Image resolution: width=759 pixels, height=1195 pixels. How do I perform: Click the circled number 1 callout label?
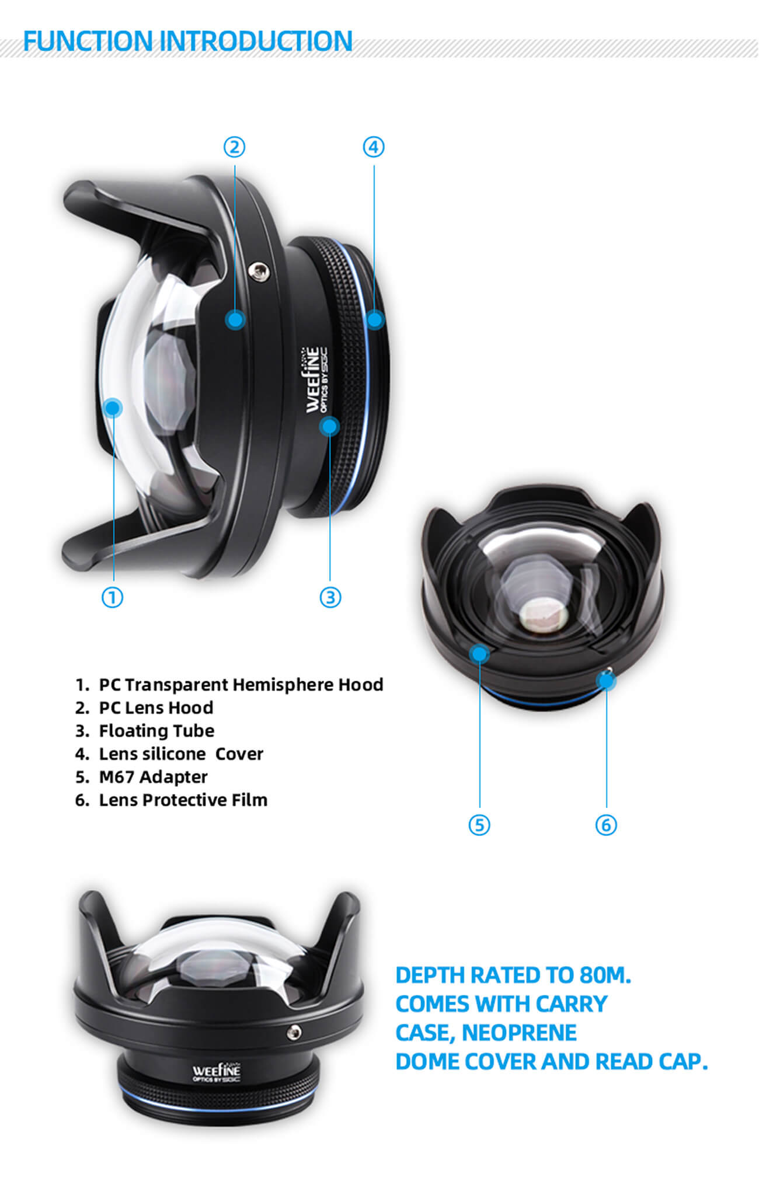(x=113, y=597)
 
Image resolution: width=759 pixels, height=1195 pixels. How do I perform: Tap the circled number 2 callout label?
(x=235, y=147)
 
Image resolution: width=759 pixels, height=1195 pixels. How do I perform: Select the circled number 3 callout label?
(x=330, y=597)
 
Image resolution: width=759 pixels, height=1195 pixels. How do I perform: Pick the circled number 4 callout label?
(x=374, y=147)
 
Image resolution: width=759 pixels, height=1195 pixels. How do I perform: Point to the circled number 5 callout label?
(x=479, y=825)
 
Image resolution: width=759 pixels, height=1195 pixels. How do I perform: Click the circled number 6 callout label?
(x=606, y=825)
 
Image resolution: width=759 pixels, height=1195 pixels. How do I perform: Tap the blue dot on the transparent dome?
(x=113, y=407)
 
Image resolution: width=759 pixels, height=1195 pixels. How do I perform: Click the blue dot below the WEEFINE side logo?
(x=330, y=426)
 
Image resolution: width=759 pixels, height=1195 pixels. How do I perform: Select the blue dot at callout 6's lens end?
(x=607, y=680)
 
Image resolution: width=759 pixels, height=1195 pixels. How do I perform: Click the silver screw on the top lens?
(x=258, y=271)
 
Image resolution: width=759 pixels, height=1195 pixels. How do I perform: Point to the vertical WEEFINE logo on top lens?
(x=316, y=380)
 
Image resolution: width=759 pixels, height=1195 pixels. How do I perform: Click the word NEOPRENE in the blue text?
(x=519, y=1033)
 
